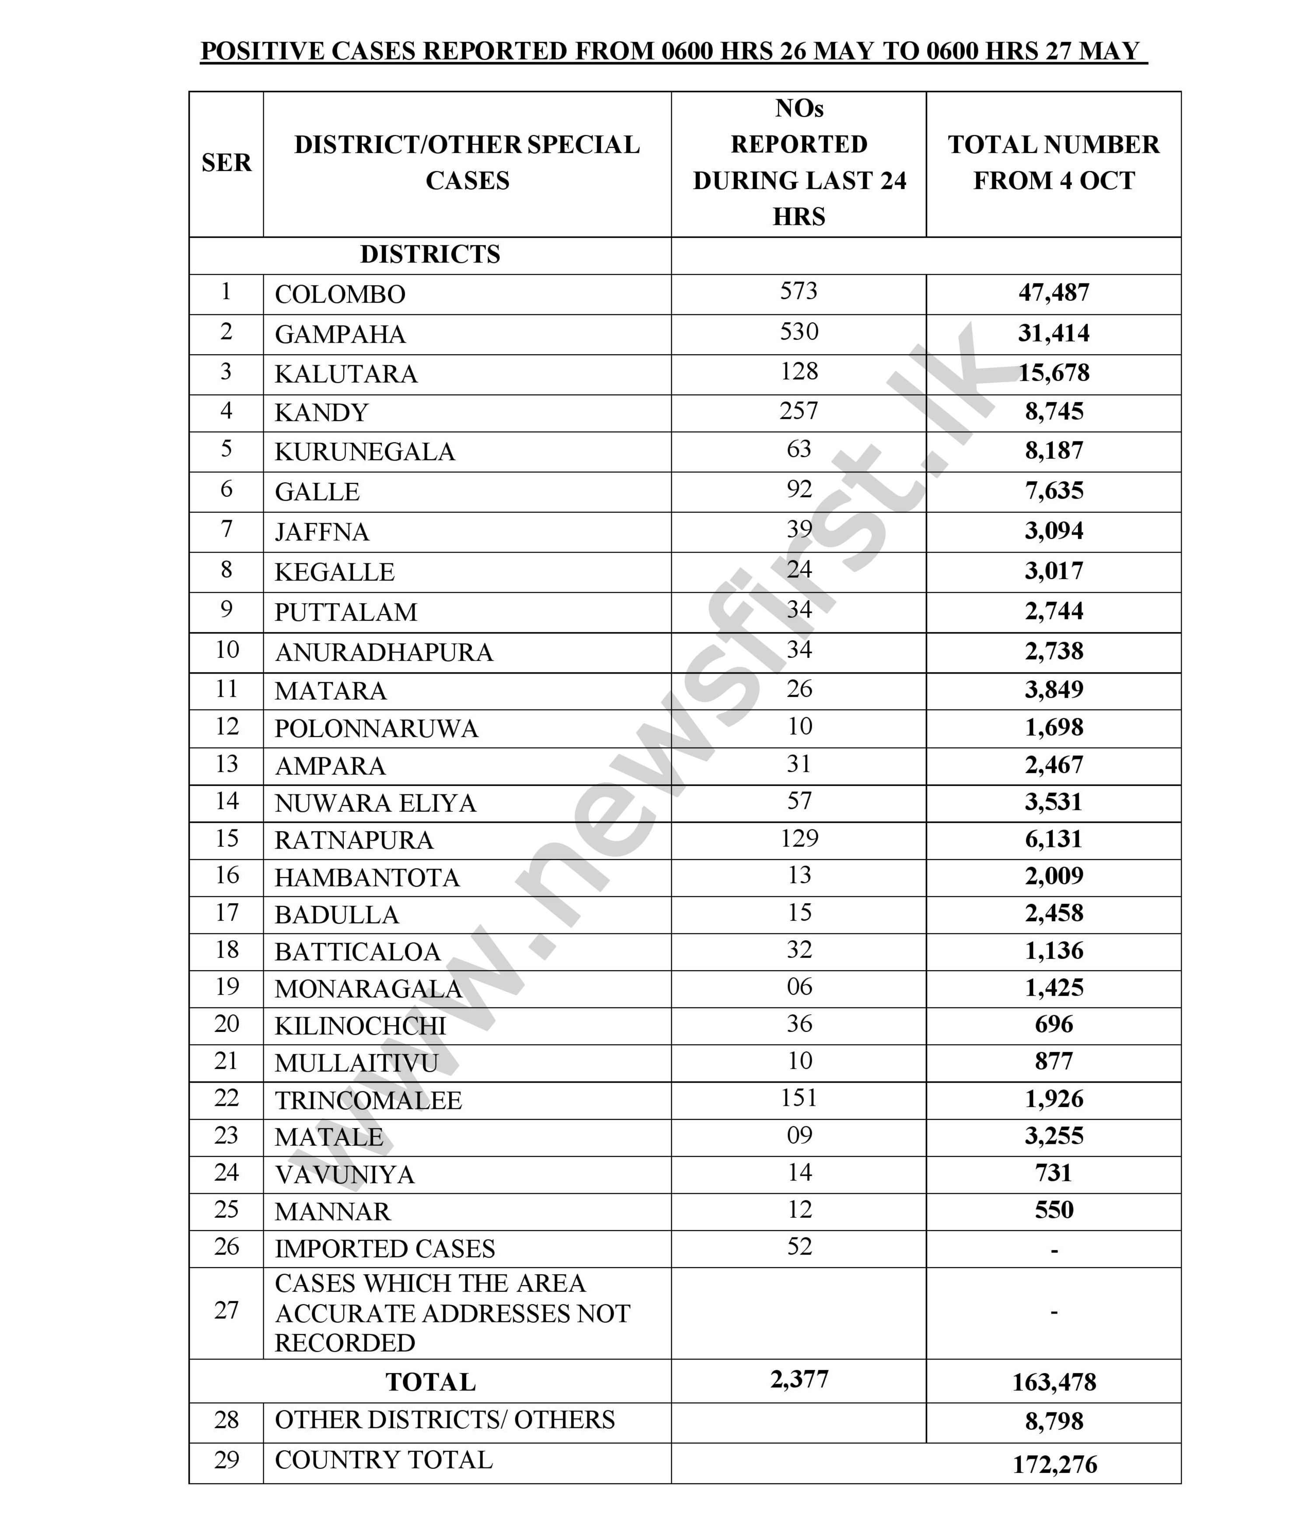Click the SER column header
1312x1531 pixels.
(226, 163)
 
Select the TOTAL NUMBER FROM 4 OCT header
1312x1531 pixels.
(1054, 163)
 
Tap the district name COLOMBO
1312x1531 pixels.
(340, 294)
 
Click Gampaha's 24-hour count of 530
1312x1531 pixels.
(799, 332)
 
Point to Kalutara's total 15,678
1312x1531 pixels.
(1054, 372)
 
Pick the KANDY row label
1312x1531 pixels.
(321, 412)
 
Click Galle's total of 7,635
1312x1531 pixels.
(1054, 491)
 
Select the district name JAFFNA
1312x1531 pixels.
(321, 532)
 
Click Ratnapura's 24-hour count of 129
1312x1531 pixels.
(799, 838)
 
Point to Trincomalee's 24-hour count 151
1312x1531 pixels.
(799, 1097)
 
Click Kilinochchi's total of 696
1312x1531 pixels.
(1054, 1024)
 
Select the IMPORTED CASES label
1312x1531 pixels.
(384, 1249)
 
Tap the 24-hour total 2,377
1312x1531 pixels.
(799, 1379)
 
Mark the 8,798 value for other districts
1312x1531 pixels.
(1054, 1421)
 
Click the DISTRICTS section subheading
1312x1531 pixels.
(430, 254)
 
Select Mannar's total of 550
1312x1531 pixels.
(1054, 1209)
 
